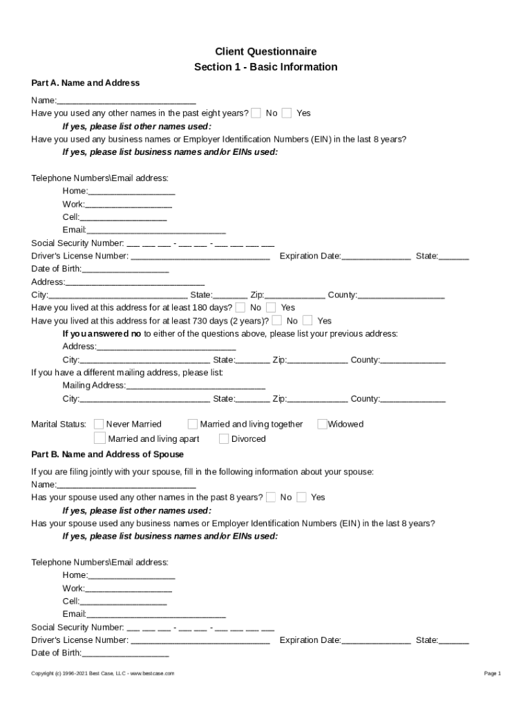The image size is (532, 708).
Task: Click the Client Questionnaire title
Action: click(x=265, y=51)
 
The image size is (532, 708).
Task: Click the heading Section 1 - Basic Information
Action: click(x=265, y=67)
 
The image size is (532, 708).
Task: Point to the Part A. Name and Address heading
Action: click(x=85, y=83)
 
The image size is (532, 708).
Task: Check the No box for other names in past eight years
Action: click(x=256, y=113)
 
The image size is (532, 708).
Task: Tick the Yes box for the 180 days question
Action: click(x=272, y=307)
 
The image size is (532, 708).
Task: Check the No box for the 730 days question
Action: click(x=277, y=320)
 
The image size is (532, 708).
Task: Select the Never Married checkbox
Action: click(x=99, y=424)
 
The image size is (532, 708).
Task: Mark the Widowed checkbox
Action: click(x=322, y=424)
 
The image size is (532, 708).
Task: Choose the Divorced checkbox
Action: click(x=224, y=438)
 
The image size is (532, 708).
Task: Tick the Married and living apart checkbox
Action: click(x=99, y=438)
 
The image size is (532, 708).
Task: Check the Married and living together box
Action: click(x=193, y=424)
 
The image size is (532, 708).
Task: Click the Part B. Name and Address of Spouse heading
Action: click(x=107, y=454)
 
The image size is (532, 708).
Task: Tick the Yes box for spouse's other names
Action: click(x=302, y=497)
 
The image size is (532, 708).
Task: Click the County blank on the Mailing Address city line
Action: click(x=412, y=399)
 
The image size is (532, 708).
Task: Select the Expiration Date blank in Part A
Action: click(x=376, y=257)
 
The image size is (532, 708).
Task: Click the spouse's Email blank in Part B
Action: click(x=156, y=614)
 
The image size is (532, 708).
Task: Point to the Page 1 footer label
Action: click(x=492, y=673)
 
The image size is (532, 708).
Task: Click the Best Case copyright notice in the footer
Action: click(x=103, y=673)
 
